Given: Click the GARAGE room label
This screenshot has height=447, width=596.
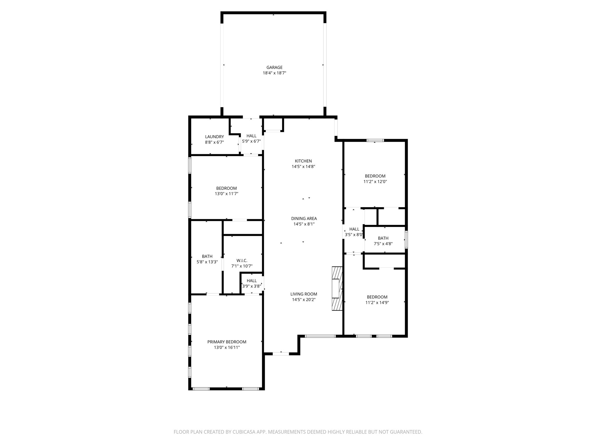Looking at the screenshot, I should coord(274,68).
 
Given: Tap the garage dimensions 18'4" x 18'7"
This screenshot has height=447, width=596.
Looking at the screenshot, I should coord(274,73).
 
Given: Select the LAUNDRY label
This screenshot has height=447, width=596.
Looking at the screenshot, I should coord(214,137).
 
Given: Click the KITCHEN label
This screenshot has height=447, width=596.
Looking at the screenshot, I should coord(303,161).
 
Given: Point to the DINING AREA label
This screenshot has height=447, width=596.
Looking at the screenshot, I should coord(304,219).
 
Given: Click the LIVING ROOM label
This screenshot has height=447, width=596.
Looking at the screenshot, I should coord(304,294).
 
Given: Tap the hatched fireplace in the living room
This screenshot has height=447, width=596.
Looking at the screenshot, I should coord(337,288).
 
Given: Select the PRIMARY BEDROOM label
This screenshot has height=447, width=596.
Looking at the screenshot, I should coord(227,342).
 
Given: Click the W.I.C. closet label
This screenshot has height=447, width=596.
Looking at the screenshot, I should coord(242,260).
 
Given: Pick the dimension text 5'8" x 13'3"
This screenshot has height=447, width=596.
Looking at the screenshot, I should coord(207,262).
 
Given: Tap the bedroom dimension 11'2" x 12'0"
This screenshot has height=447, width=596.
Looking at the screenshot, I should coord(375,182).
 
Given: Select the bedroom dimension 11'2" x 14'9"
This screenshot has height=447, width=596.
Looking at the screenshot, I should coord(377,303).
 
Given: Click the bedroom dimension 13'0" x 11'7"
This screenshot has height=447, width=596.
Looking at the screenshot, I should coord(226,194).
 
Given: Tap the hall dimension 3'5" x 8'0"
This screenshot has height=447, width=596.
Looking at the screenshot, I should coord(354,235).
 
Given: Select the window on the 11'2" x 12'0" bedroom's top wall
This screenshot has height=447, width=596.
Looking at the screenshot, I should coord(375,141).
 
